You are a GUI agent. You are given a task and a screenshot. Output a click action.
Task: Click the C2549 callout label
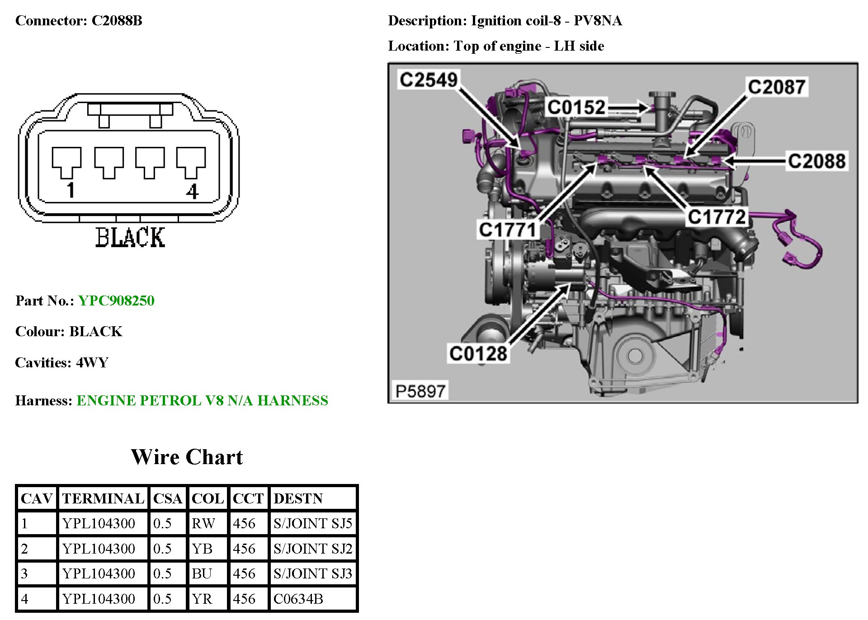[x=428, y=80]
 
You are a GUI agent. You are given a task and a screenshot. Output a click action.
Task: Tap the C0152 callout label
[x=576, y=108]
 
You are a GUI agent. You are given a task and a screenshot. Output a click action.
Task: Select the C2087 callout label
[x=776, y=87]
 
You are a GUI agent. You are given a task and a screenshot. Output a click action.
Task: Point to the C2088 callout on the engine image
[x=816, y=161]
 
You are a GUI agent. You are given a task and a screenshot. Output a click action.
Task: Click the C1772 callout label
[x=717, y=217]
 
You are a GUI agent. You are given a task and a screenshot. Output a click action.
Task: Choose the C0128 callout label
[x=478, y=353]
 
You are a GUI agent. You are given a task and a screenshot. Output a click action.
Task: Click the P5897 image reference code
[x=420, y=391]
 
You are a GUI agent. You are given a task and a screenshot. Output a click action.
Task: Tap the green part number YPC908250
[x=116, y=301]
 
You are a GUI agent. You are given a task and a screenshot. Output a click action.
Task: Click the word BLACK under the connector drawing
[x=130, y=237]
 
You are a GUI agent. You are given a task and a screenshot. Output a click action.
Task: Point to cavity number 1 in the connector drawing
[x=70, y=190]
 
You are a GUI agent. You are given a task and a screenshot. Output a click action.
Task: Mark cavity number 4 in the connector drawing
[x=193, y=192]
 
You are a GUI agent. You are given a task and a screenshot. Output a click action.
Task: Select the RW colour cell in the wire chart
[x=203, y=523]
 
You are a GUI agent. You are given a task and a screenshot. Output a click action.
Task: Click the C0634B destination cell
[x=298, y=599]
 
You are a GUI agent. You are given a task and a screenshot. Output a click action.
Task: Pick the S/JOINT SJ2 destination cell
[x=312, y=549]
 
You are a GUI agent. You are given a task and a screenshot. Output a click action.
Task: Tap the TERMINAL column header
[x=103, y=498]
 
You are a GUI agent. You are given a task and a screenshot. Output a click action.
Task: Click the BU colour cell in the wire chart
[x=202, y=573]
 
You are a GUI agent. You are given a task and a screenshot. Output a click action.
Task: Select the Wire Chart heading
[x=187, y=457]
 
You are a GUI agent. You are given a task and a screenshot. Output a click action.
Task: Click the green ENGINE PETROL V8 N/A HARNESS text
[x=202, y=400]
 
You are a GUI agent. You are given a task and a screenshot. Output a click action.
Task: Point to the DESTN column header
[x=298, y=498]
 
